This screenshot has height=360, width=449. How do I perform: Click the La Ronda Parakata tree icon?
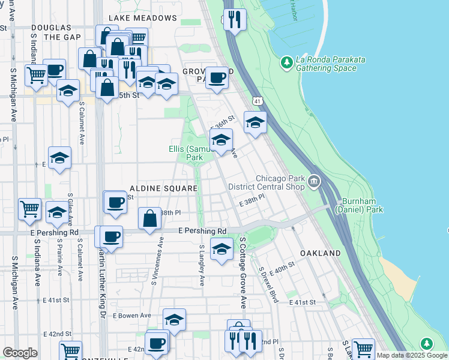tap(287, 62)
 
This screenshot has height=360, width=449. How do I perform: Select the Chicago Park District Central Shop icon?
tap(313, 181)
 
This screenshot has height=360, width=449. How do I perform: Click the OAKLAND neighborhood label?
tap(321, 254)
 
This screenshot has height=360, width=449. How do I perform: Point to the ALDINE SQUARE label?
tap(161, 188)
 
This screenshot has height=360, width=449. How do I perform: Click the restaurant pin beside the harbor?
tap(234, 19)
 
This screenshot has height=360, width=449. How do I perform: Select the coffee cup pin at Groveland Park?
tap(217, 77)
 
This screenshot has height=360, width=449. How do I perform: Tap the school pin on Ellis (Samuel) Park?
tap(221, 140)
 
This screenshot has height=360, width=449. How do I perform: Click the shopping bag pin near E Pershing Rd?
tap(150, 218)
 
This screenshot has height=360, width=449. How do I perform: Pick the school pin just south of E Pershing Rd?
tap(221, 249)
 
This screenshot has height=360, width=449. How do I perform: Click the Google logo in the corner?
tap(20, 353)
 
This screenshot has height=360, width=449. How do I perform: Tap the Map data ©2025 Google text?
tap(412, 356)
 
